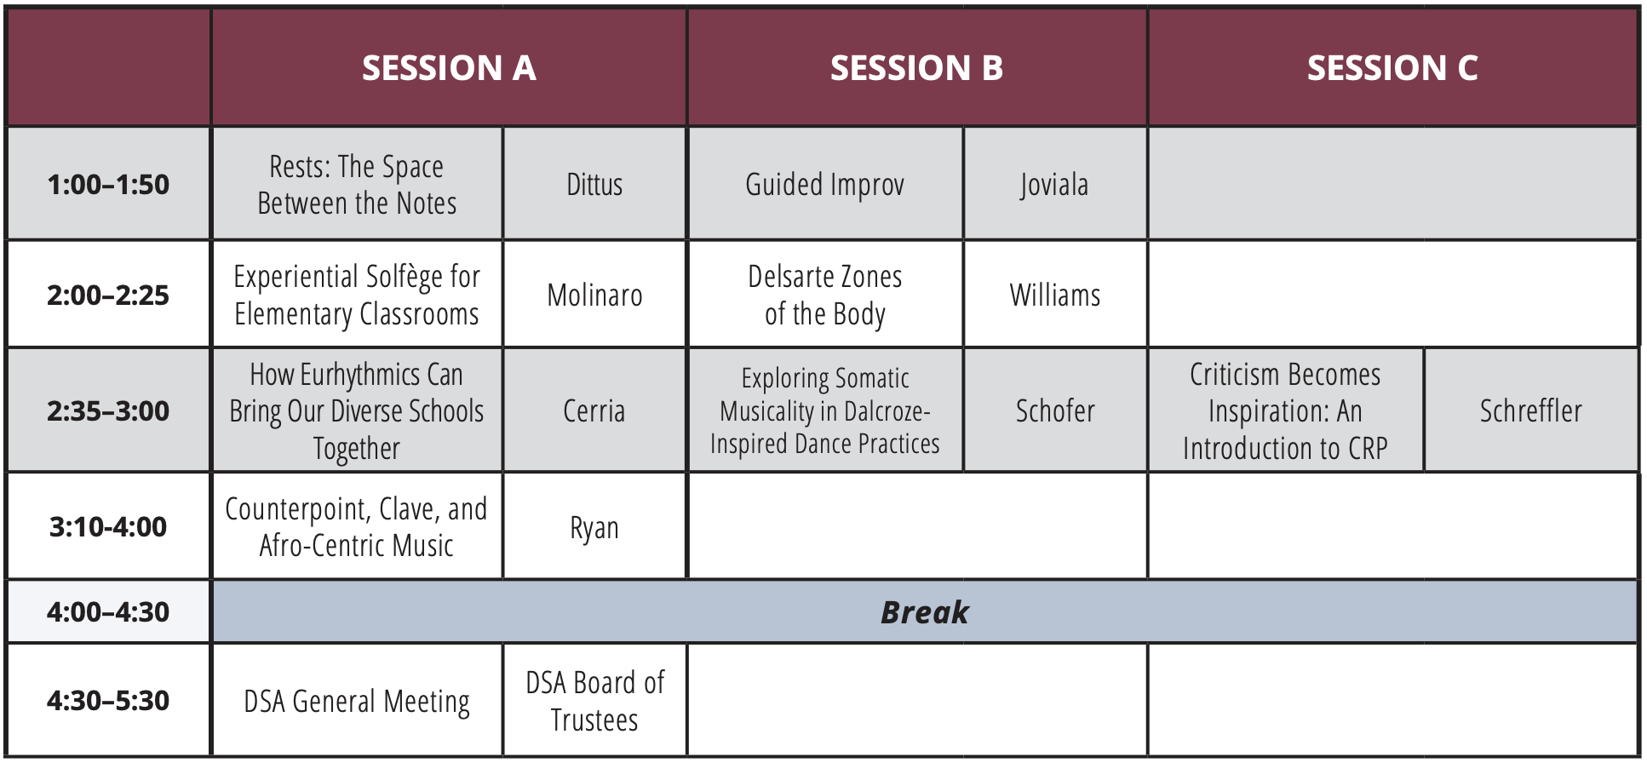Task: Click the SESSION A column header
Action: click(449, 68)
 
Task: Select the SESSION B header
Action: click(916, 68)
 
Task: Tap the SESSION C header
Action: click(1392, 68)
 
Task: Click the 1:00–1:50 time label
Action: click(108, 185)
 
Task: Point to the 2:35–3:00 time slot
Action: click(108, 411)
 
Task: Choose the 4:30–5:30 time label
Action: click(108, 701)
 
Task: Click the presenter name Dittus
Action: click(594, 185)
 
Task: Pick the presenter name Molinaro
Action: click(594, 295)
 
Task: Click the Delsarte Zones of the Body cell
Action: click(824, 295)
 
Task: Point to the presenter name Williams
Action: click(1054, 295)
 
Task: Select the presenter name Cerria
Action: click(594, 411)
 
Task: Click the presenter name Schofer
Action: click(1054, 411)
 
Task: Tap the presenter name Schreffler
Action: click(1530, 411)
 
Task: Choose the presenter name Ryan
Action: click(594, 528)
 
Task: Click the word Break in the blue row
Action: click(924, 612)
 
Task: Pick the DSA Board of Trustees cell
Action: click(594, 701)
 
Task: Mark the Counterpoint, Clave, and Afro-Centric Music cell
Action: click(357, 527)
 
